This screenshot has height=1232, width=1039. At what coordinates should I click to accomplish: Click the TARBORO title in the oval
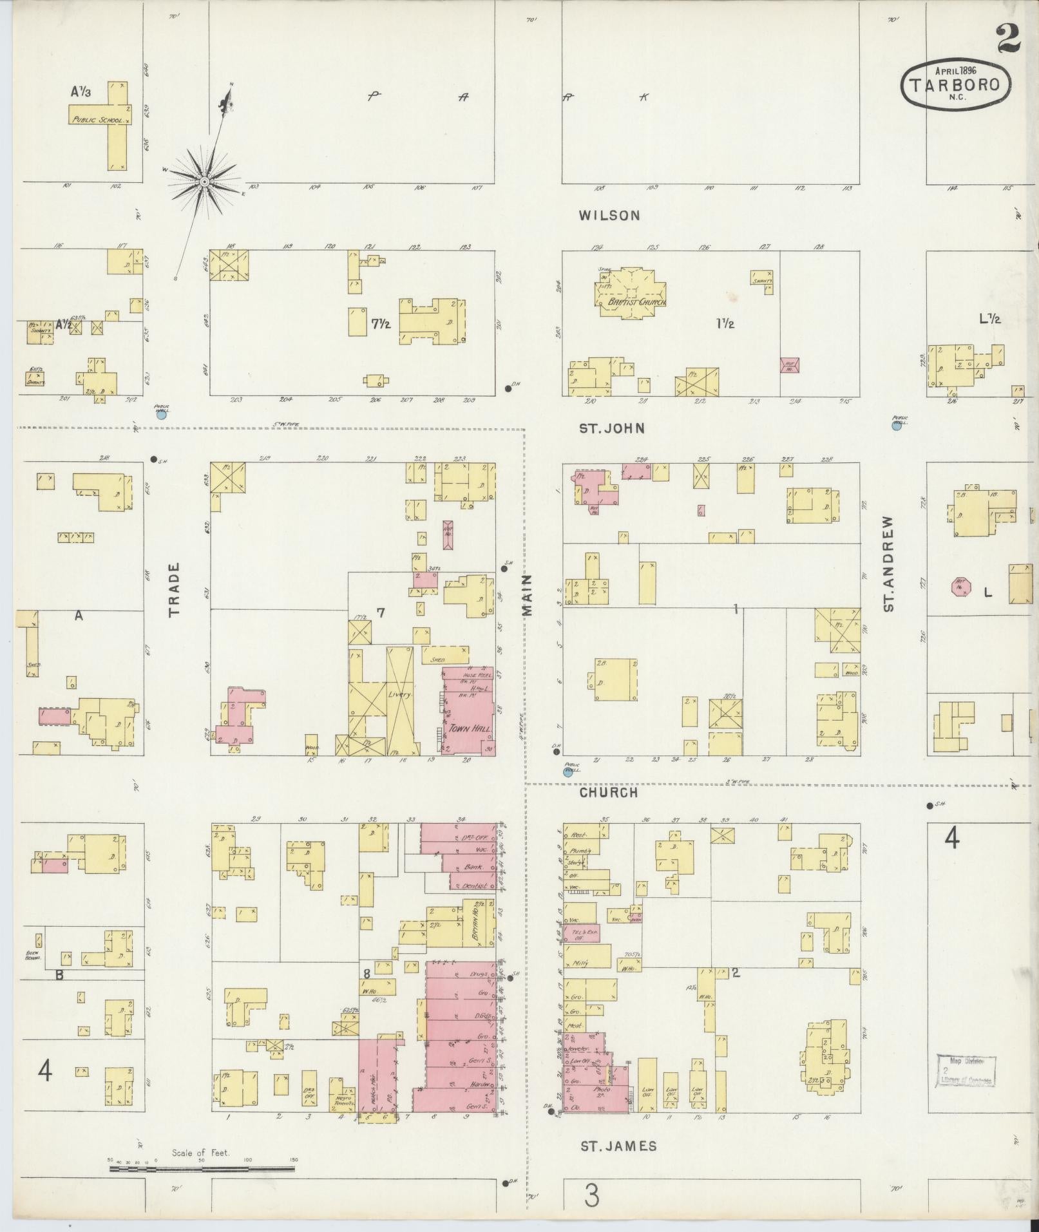tap(955, 85)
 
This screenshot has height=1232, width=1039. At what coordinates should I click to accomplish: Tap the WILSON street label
tap(609, 216)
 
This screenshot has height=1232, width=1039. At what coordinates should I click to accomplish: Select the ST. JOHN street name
tap(611, 428)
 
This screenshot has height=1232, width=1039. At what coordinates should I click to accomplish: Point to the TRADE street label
tap(174, 590)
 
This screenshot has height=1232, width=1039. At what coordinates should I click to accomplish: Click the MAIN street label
tap(528, 595)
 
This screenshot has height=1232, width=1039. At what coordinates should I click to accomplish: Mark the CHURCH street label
tap(608, 793)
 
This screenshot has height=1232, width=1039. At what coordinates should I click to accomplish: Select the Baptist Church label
tap(632, 302)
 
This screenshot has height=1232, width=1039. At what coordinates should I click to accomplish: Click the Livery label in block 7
tap(400, 696)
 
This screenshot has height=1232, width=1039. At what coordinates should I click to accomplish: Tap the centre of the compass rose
tap(204, 182)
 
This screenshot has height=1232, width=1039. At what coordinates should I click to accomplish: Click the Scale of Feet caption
tap(200, 1153)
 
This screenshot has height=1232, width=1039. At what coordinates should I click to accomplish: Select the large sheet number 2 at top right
tap(1009, 39)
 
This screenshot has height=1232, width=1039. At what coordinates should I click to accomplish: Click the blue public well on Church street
tap(567, 772)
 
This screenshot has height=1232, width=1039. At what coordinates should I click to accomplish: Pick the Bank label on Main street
tap(473, 867)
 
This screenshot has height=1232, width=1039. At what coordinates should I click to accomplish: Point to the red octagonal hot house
tap(961, 587)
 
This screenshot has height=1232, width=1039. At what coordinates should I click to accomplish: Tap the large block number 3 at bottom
tap(591, 1195)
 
